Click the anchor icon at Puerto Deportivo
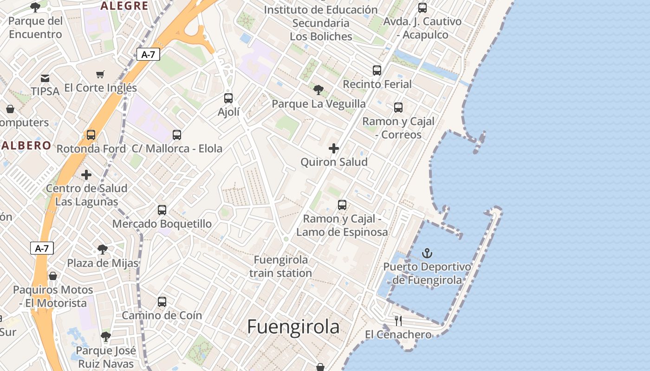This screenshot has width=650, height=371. [427, 253]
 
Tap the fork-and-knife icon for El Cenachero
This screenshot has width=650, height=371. [398, 320]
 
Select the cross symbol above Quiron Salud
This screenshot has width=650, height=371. [334, 148]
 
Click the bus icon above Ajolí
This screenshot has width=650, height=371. [228, 98]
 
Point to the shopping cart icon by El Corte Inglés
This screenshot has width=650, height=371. [100, 74]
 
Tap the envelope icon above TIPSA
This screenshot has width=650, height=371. [45, 78]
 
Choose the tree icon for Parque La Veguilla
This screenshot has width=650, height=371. [318, 90]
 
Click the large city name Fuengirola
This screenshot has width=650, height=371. [293, 327]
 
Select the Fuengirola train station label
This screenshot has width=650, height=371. [280, 266]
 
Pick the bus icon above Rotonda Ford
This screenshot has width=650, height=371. [91, 135]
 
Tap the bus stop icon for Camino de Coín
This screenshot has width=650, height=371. [162, 301]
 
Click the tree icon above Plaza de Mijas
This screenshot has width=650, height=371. [103, 249]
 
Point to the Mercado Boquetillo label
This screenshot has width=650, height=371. [162, 224]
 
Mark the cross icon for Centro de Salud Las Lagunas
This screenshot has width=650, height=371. [86, 175]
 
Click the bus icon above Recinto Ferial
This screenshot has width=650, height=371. [377, 70]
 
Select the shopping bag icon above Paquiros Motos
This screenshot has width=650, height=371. [53, 276]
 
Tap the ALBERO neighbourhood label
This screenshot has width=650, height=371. [26, 145]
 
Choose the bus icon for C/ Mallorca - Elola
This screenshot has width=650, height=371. [177, 135]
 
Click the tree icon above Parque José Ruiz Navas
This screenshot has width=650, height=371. [106, 336]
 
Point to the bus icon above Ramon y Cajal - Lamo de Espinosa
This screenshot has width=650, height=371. [342, 205]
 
